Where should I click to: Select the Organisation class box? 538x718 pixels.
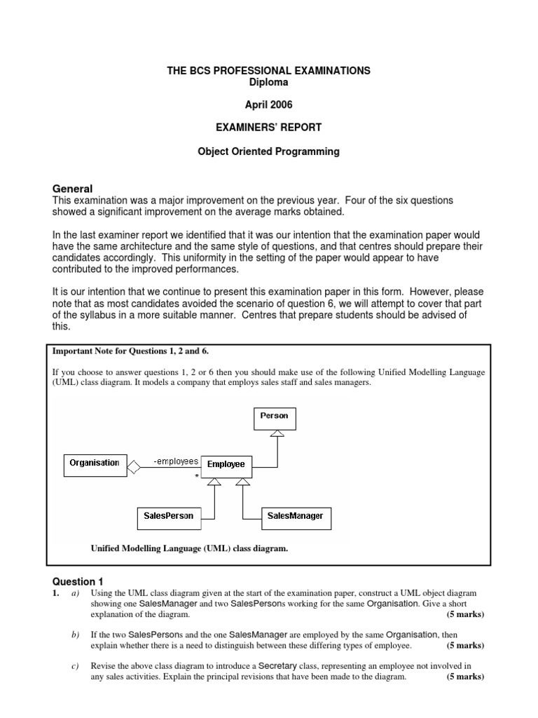94,463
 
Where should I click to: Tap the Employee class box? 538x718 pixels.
226,464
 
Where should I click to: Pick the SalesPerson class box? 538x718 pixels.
169,517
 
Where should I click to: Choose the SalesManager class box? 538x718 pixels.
295,517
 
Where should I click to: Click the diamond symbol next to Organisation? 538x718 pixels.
134,464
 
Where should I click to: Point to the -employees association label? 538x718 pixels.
176,462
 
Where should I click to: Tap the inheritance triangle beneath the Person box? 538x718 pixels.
277,435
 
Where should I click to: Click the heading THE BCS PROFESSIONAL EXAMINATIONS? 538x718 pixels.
269,72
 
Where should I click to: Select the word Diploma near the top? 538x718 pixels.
269,82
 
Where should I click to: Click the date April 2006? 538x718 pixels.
269,105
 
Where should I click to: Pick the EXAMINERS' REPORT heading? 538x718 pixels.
269,128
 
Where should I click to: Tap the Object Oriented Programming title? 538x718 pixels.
269,152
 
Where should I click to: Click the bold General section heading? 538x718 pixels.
73,189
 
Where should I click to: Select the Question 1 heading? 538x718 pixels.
78,582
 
